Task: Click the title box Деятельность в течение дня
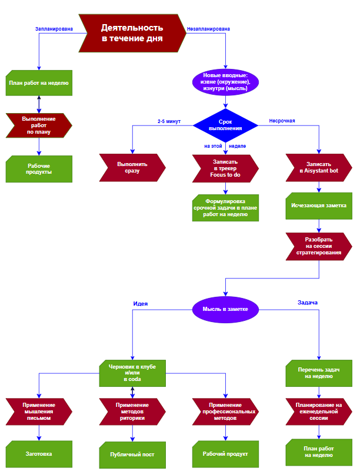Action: point(132,33)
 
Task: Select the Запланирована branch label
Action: point(54,28)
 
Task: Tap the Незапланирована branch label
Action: point(208,28)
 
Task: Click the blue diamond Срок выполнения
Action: point(226,124)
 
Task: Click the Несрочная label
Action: point(282,121)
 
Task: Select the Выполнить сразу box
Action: point(132,168)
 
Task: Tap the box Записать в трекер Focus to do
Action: point(226,168)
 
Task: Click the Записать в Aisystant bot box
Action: point(319,168)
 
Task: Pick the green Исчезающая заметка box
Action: point(319,206)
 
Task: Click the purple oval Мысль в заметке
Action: point(226,309)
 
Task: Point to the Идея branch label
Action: point(140,303)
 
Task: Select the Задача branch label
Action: point(308,303)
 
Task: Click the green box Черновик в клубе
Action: point(132,373)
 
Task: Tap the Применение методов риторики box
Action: point(132,412)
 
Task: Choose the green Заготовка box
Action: point(39,454)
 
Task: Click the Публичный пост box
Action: point(132,454)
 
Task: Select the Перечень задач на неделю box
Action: point(319,373)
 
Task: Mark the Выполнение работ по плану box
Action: point(39,125)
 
